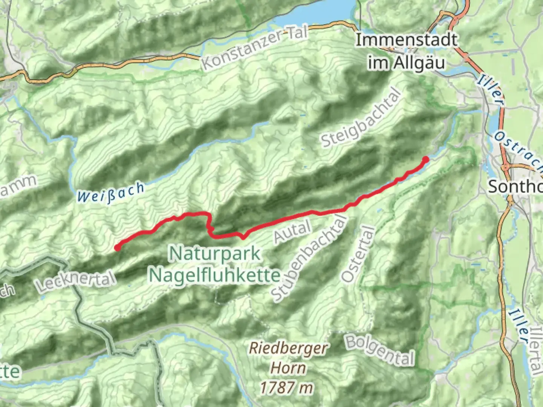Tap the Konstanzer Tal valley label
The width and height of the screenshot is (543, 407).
tap(255, 49)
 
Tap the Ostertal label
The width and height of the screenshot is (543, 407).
tap(359, 255)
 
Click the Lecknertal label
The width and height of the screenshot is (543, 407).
tap(75, 281)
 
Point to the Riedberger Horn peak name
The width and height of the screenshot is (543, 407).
tap(289, 358)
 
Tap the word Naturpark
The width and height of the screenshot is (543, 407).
tap(215, 254)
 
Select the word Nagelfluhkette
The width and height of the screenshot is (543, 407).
tap(215, 275)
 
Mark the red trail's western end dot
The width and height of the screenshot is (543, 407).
tap(118, 248)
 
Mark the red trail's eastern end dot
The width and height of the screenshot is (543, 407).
tap(426, 159)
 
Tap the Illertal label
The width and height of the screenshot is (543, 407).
tap(536, 350)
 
